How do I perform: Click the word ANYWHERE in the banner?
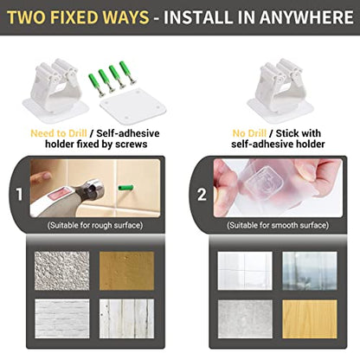[x=306, y=17]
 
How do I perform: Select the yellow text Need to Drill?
[x=59, y=133]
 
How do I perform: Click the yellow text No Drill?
[x=249, y=133]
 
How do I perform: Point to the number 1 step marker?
[x=19, y=195]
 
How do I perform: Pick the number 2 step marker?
[x=202, y=195]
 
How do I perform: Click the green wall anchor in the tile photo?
[x=125, y=188]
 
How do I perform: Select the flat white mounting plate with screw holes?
[x=133, y=106]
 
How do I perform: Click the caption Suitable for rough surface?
[x=95, y=225]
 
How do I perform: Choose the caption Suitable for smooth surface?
[x=278, y=225]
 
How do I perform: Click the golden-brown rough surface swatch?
[x=127, y=271]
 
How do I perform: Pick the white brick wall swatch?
[x=62, y=318]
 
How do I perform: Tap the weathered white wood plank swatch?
[x=127, y=318]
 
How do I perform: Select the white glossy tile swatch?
[x=245, y=271]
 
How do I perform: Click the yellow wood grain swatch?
[x=310, y=319]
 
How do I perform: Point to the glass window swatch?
[x=310, y=271]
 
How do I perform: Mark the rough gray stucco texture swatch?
[x=62, y=271]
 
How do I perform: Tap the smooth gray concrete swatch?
[x=245, y=319]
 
